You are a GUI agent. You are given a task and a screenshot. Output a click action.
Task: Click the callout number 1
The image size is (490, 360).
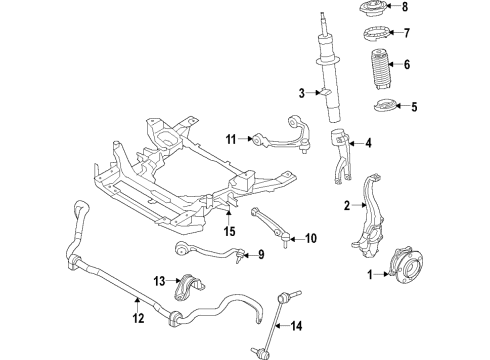coord(369,274)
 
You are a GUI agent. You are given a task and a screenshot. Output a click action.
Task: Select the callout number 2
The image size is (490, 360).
coord(347,207)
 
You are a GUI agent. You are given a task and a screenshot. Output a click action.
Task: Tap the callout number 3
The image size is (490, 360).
coord(300,94)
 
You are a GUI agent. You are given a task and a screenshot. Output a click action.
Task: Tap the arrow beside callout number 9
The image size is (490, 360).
coord(240,255)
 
